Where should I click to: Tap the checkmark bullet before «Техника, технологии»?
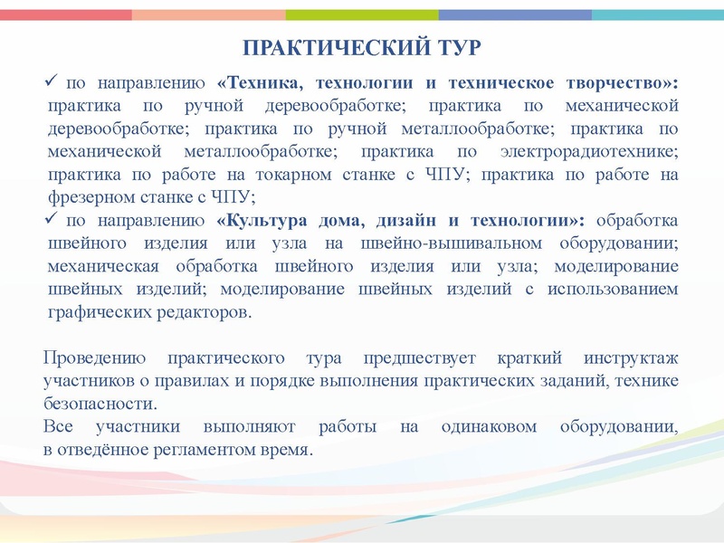coord(52,83)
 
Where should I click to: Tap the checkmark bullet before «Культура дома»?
coord(52,220)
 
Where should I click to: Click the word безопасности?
coord(100,404)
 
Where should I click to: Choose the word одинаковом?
coord(490,426)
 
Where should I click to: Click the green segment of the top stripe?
coord(362,14)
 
